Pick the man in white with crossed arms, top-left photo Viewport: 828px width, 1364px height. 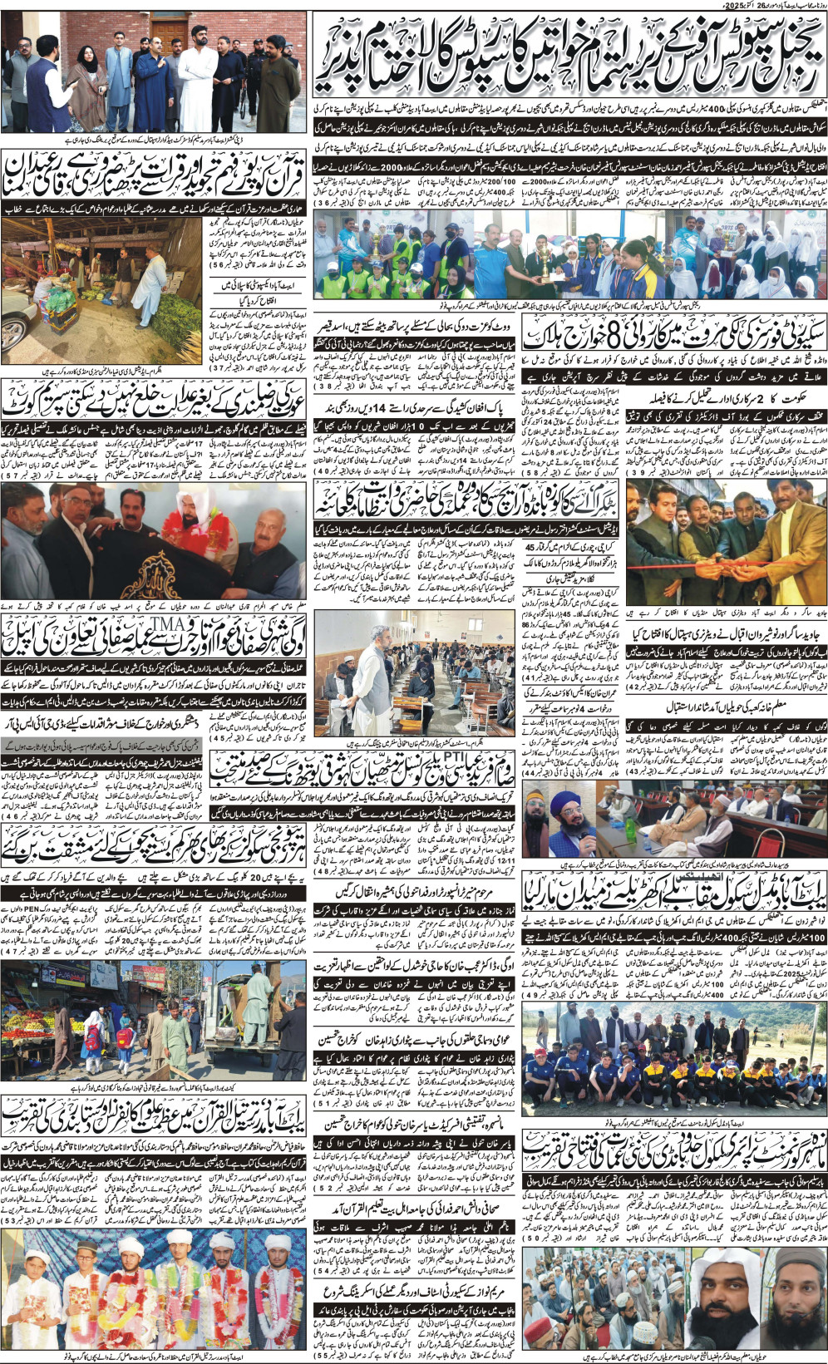197,83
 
